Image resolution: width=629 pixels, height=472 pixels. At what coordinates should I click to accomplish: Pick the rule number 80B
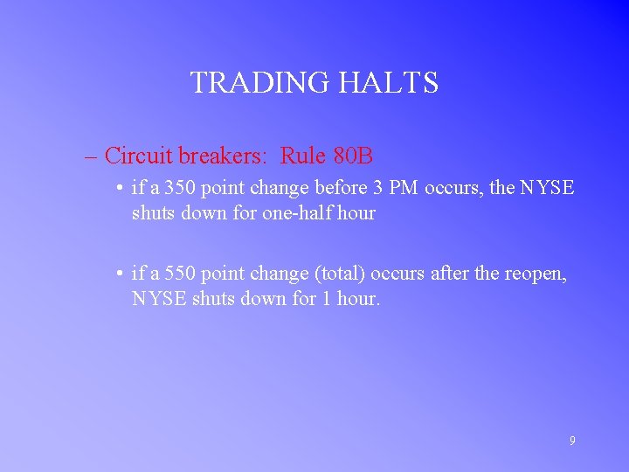tap(352, 156)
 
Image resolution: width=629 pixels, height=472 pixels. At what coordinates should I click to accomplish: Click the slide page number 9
tap(572, 441)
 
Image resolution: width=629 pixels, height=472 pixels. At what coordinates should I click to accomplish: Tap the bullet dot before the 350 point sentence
tap(118, 189)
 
